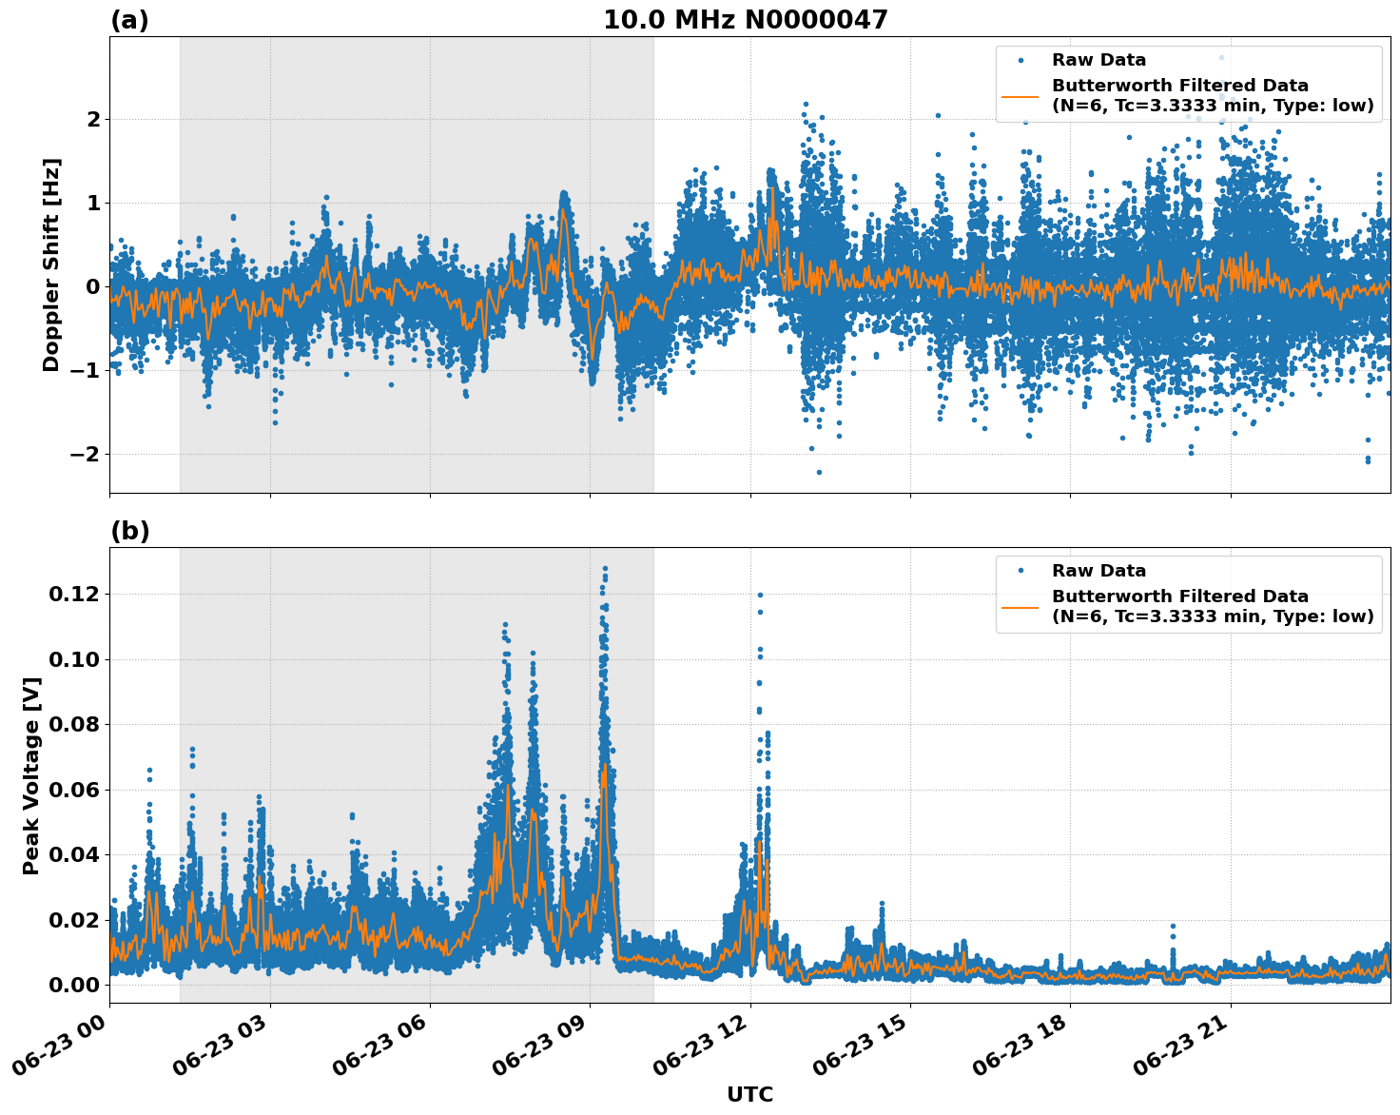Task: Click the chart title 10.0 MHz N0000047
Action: (x=745, y=20)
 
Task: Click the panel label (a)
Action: (x=129, y=20)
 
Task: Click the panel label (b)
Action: (x=129, y=531)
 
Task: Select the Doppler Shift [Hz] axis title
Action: (x=51, y=264)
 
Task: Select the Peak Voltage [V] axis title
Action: (x=31, y=775)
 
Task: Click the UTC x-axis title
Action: (x=749, y=1094)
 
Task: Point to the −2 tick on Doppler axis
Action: (x=85, y=454)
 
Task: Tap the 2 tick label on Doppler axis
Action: (x=93, y=119)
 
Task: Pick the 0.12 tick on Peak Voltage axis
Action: (x=72, y=594)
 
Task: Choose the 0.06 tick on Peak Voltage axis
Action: (x=72, y=789)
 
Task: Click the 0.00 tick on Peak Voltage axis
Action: (x=72, y=984)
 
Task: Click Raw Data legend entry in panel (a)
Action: (x=1099, y=60)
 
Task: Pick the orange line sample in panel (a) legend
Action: (x=1020, y=96)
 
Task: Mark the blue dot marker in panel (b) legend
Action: (x=1020, y=571)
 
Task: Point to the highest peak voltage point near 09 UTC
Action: (x=604, y=568)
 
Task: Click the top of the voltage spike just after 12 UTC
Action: (x=760, y=595)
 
